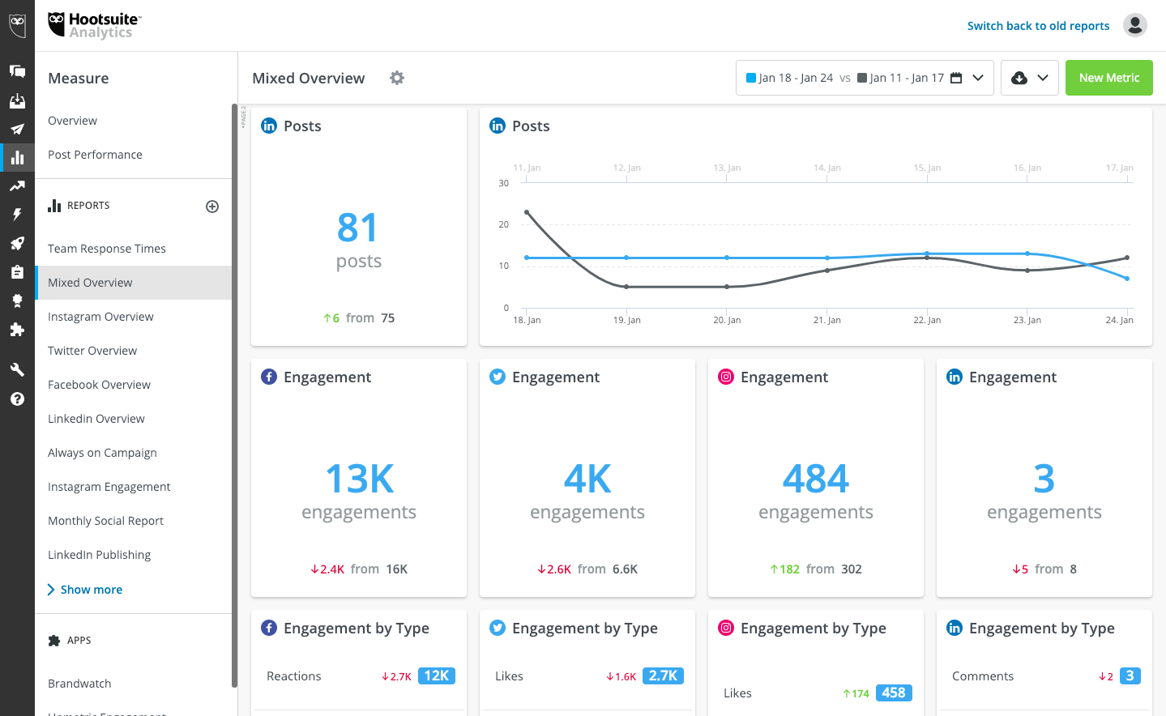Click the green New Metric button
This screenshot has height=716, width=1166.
(x=1108, y=78)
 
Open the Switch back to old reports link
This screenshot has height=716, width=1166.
(x=1038, y=26)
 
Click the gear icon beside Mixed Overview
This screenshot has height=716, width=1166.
(x=397, y=78)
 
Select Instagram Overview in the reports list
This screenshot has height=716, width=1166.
(x=100, y=317)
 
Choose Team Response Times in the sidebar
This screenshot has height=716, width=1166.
(x=107, y=248)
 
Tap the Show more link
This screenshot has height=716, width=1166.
(x=91, y=590)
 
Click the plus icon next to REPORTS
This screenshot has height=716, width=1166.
(x=211, y=207)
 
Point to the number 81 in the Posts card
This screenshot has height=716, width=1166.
(x=357, y=228)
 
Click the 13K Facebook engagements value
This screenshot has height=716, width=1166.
(x=359, y=478)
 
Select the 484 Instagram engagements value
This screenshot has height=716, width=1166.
(x=816, y=478)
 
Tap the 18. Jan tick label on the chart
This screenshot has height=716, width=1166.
(x=527, y=320)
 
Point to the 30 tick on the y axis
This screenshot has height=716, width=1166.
(x=503, y=183)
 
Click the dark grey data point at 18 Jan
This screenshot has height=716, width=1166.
(x=527, y=212)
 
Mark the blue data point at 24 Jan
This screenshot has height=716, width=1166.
(x=1127, y=279)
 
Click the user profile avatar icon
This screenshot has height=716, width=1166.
(x=1134, y=25)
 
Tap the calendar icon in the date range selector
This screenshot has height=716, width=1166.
(x=956, y=78)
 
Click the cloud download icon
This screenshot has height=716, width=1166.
(x=1019, y=78)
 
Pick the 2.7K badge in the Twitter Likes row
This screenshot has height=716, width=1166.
(x=663, y=676)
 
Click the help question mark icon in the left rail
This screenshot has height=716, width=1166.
(x=17, y=399)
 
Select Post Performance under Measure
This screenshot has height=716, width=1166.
(x=95, y=155)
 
